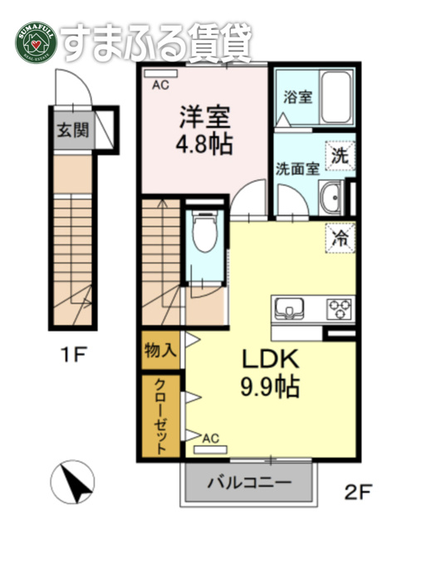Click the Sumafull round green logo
point(36,43)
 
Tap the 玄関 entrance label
point(73,130)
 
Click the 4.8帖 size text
point(204,144)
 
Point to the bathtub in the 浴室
point(336,97)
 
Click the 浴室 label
point(297,97)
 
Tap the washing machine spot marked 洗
point(340,156)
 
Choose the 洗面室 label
point(297,169)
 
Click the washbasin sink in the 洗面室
point(331,198)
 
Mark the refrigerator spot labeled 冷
point(340,238)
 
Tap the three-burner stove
point(340,309)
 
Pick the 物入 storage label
point(160,351)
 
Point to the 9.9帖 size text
point(270,386)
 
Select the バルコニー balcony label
point(249,483)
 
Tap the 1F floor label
point(73,355)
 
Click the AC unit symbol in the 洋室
point(160,73)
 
